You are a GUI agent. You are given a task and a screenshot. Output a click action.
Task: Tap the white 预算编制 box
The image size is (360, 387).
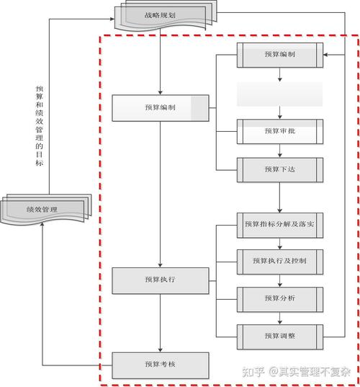point(160,107)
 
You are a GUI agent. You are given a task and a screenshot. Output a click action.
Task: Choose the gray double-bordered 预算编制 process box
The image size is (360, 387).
point(280,55)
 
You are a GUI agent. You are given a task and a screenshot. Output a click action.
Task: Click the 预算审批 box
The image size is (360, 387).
point(280,130)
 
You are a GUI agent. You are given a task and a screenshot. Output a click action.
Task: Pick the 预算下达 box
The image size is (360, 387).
point(280,169)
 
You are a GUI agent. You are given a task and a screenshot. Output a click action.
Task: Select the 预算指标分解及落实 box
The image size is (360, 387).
point(280,225)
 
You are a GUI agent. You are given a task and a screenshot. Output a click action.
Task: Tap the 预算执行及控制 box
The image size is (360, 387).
point(280,260)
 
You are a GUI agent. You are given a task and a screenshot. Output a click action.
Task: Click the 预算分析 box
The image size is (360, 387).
point(280,297)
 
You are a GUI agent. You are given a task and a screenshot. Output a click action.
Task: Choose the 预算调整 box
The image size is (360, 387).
point(280,334)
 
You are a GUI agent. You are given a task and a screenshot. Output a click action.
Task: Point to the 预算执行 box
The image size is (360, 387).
point(160,279)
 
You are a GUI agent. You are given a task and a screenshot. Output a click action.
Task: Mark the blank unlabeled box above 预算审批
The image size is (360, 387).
point(280,94)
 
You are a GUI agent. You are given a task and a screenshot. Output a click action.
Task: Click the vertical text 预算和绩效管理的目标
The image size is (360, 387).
point(40,126)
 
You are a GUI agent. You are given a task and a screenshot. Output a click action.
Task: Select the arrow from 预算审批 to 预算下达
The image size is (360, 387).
point(280,150)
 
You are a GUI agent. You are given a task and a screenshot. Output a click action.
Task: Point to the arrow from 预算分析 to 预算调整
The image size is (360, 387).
point(280,316)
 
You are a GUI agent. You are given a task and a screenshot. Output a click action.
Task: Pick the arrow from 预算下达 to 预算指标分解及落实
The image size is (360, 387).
point(280,196)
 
